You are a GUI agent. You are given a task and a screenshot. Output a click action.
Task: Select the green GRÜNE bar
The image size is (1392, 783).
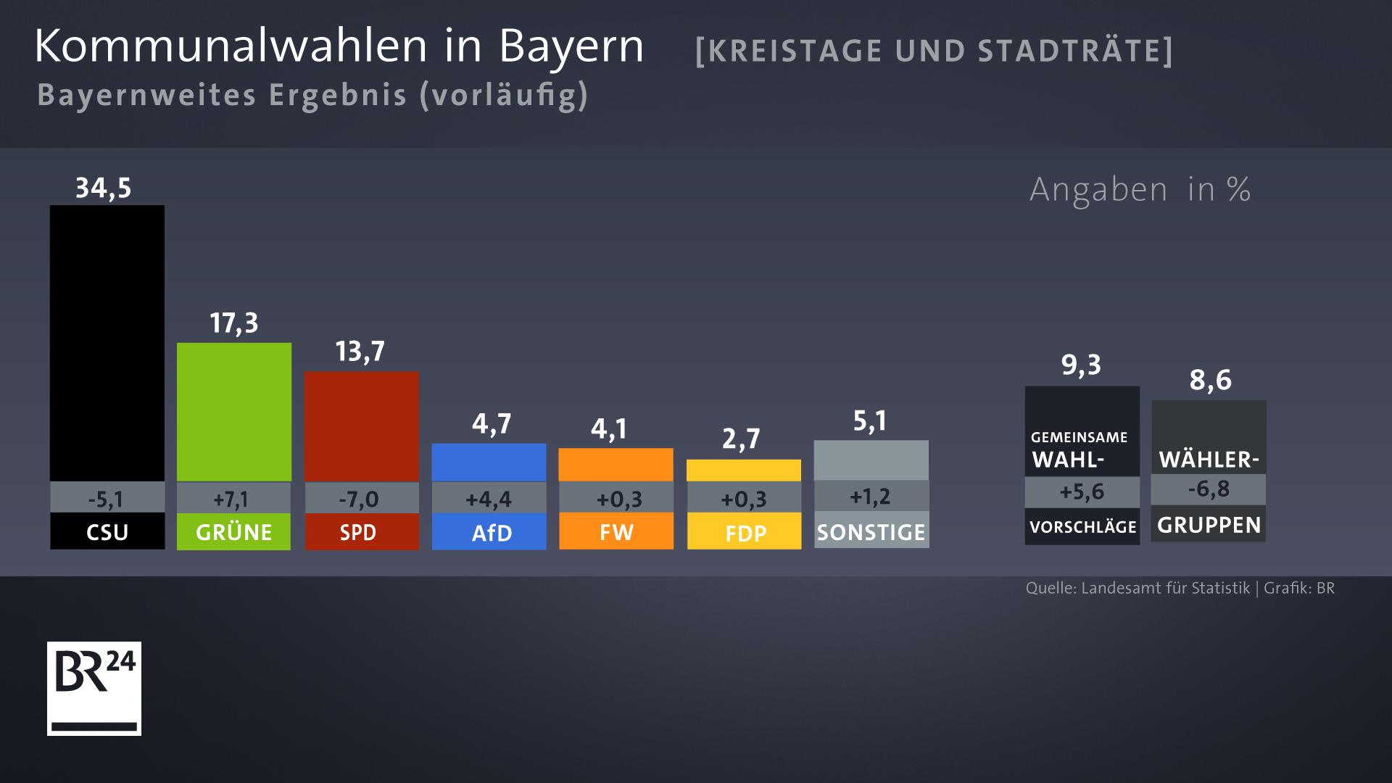234,412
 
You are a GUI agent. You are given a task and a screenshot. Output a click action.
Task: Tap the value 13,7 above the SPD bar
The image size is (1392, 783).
360,352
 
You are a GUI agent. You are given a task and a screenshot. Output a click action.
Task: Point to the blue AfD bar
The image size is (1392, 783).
489,462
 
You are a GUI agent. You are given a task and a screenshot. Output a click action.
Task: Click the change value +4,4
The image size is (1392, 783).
489,499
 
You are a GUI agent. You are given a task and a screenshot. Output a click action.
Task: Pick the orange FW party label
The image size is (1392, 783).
616,532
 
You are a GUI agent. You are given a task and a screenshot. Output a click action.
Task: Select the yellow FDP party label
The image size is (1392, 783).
745,533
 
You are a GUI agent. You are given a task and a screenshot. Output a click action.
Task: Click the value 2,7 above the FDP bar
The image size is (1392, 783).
741,439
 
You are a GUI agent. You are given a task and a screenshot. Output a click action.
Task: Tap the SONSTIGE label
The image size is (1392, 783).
871,532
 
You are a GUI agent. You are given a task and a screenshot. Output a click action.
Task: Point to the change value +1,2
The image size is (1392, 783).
869,497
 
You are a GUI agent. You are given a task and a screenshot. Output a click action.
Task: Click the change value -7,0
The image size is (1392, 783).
359,499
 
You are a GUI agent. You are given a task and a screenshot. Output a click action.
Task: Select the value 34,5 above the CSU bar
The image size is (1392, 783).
104,188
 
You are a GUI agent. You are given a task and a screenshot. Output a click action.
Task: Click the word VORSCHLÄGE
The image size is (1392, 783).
1082,527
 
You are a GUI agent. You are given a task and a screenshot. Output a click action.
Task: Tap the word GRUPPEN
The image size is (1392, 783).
1209,525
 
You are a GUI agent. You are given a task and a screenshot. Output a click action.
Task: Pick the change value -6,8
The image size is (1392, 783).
1209,489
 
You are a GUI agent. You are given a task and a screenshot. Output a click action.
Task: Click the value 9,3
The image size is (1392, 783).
1081,365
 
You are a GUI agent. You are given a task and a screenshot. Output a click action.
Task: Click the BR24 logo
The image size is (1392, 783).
94,688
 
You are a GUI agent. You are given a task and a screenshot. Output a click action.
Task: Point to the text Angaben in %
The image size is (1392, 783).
1140,190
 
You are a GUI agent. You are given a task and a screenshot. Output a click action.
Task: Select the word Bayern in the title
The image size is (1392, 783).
571,46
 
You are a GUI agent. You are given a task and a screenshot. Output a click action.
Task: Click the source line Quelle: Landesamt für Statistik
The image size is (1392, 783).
1138,588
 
